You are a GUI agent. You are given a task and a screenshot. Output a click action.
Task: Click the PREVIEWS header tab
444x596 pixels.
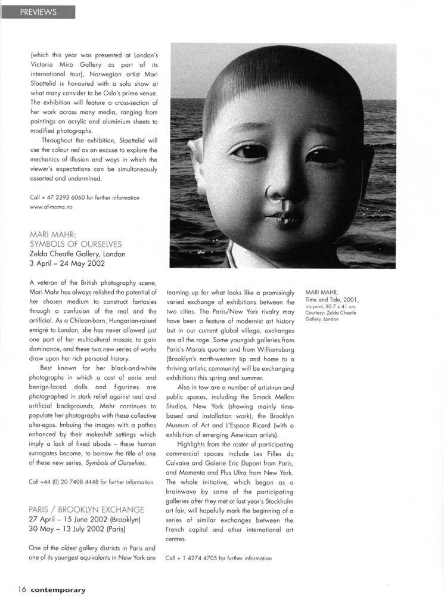coord(38,12)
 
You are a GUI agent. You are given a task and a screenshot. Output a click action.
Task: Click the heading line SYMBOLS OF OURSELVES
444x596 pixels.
coord(75,244)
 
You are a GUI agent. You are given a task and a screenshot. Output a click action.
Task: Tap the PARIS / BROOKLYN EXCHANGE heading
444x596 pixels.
coord(86,510)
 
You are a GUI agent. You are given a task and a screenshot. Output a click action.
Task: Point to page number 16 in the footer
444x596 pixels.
coord(22,589)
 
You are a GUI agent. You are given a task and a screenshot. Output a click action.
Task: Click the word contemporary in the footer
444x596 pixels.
coord(58,590)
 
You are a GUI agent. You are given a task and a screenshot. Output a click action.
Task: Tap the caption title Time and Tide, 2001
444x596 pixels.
coord(333,300)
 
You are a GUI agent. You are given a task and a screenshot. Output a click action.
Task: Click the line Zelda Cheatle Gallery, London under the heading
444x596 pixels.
coord(77,254)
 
